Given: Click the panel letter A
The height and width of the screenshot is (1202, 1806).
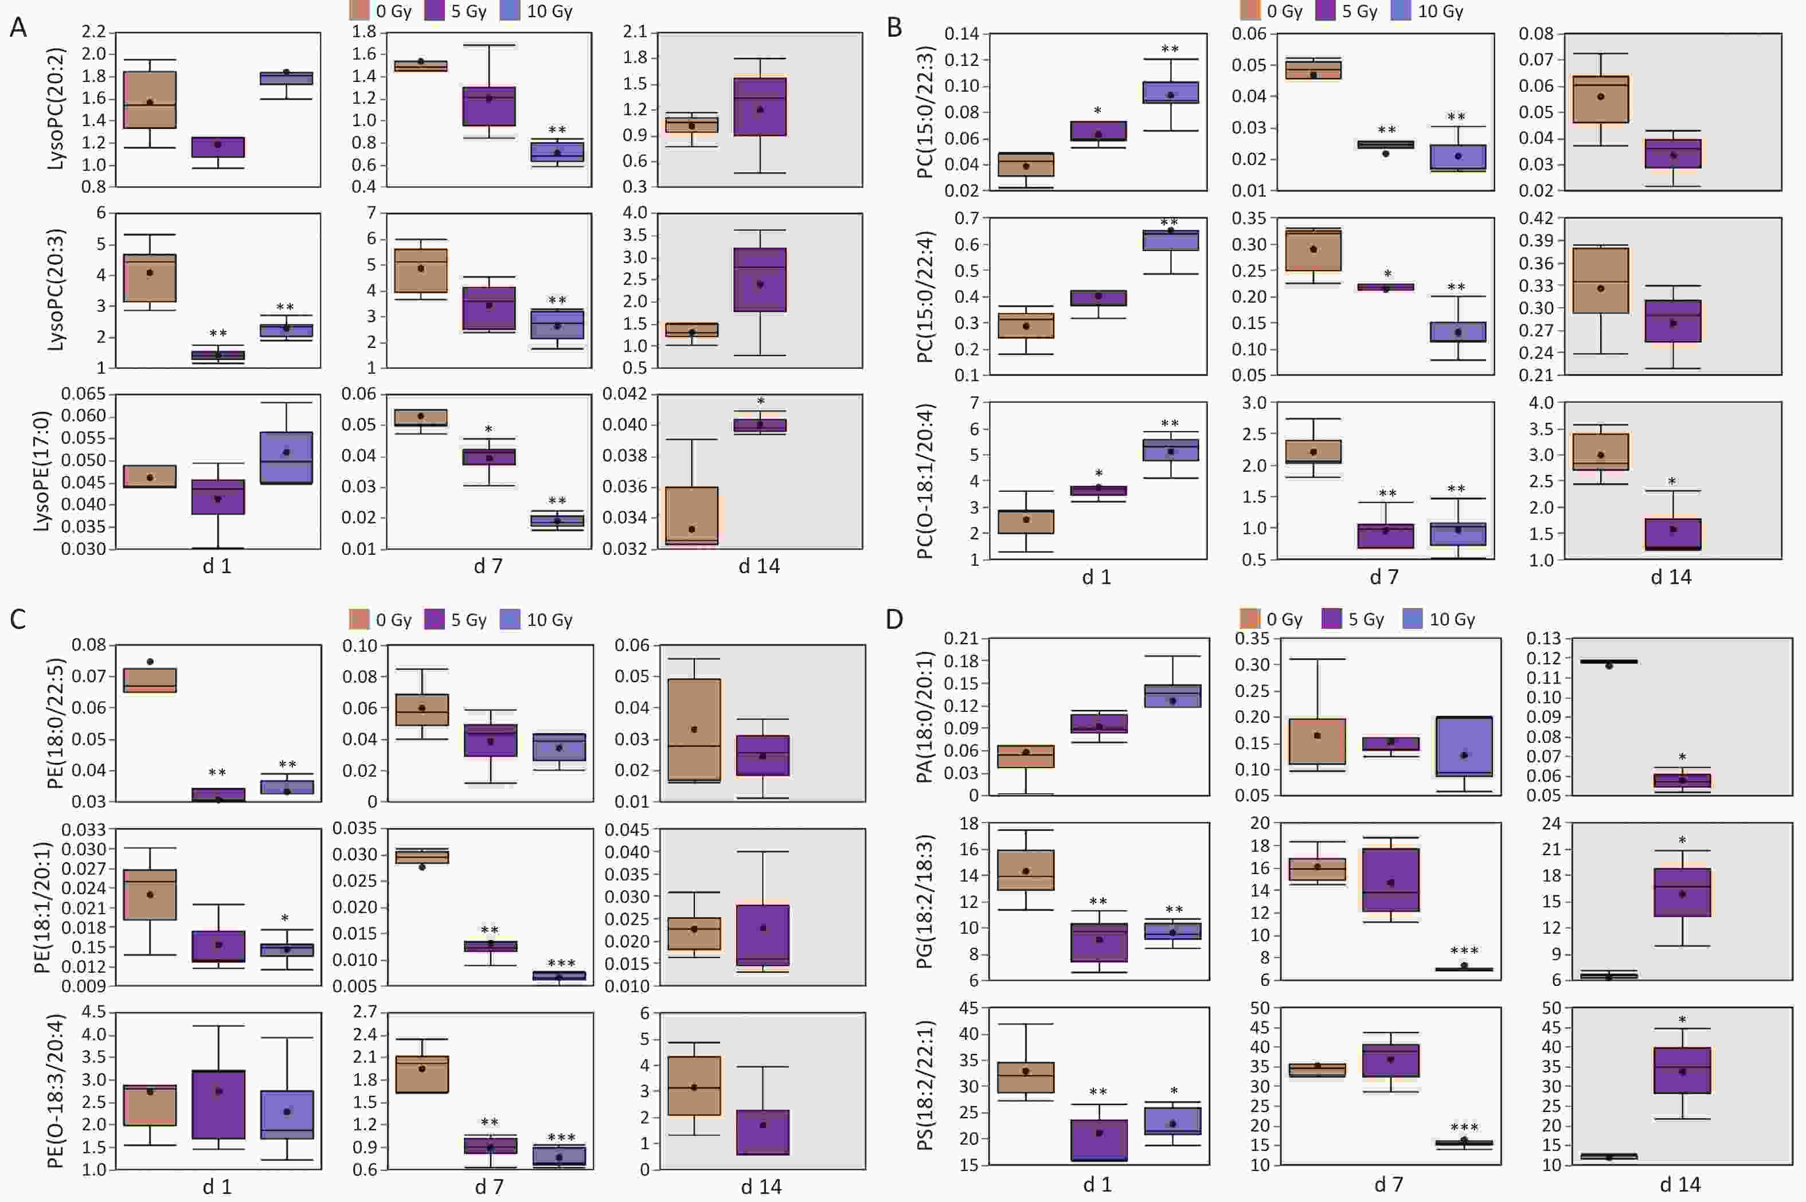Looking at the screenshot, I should [18, 28].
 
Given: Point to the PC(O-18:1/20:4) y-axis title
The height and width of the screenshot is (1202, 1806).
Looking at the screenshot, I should [925, 481].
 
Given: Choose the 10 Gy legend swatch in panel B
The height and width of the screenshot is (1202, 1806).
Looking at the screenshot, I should [1401, 11].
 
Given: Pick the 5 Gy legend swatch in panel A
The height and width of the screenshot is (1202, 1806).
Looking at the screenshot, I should [435, 11].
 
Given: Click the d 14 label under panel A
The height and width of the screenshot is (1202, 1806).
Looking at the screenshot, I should [759, 566].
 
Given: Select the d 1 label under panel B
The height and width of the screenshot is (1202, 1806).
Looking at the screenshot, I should [1096, 577].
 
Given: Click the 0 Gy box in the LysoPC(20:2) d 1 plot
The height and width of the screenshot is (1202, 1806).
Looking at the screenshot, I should [150, 100].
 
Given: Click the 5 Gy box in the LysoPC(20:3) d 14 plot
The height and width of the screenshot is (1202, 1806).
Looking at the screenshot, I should [760, 280].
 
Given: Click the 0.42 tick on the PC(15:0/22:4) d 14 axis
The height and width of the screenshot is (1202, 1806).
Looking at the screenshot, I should [1536, 218].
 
